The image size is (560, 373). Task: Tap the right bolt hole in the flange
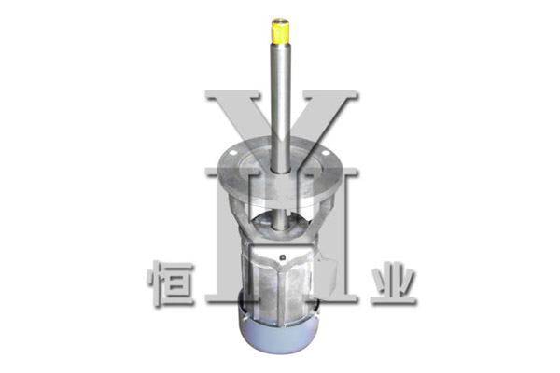point(325,153)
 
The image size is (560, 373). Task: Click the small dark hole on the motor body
point(283,257)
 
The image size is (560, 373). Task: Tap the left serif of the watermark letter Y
point(232,95)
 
